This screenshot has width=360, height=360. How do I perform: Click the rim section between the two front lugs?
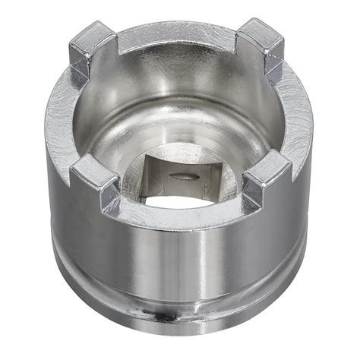pyautogui.click(x=182, y=223)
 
